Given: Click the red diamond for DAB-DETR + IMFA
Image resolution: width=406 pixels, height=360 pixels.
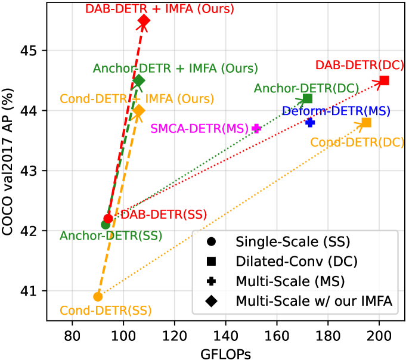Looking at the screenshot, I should tap(144, 21).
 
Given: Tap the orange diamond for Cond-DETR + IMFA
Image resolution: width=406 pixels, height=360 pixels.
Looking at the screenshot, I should tap(139, 111).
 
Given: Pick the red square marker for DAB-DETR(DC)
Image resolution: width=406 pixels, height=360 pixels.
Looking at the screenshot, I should tap(384, 80).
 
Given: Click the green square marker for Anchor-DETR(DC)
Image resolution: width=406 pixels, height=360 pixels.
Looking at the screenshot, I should tap(308, 98).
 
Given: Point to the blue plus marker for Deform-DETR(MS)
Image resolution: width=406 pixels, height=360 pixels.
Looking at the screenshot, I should tap(310, 122).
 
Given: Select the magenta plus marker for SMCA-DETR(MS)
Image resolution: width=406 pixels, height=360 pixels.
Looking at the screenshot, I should tap(256, 128).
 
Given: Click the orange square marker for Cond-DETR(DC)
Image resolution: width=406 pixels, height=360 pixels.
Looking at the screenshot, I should tap(366, 122).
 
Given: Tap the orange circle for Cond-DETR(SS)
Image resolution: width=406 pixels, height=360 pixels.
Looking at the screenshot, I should tap(98, 296).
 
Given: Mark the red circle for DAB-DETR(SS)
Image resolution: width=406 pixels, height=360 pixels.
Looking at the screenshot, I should tap(108, 219).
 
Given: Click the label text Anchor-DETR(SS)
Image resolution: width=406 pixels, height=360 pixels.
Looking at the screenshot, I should tap(111, 236).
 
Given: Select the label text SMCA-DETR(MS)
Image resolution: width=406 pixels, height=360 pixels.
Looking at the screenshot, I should tap(200, 128).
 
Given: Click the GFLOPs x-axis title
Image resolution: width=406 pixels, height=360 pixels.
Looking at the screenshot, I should tap(225, 352).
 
